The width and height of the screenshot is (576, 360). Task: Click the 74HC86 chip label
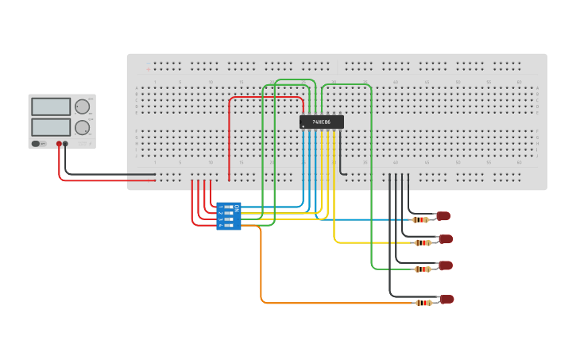click(322, 122)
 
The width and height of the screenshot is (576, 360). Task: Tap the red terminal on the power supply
click(59, 144)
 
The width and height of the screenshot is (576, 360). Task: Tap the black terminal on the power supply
click(65, 144)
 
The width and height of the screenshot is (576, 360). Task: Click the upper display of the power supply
click(51, 106)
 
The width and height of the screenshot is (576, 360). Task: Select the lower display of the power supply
click(51, 127)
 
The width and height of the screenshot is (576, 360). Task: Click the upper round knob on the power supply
click(82, 106)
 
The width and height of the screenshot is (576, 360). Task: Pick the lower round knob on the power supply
click(82, 127)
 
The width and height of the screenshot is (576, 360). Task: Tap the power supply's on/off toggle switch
click(37, 144)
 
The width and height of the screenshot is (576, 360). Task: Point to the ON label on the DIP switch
click(236, 208)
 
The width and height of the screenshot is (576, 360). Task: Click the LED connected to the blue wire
click(443, 216)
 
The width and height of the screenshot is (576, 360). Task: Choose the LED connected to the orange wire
click(446, 300)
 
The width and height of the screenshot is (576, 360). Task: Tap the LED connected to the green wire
click(445, 265)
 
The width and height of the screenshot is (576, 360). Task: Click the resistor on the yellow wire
click(423, 242)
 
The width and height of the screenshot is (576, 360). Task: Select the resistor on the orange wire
click(423, 303)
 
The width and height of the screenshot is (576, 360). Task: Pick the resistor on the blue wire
click(420, 219)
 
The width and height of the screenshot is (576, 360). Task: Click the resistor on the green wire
click(423, 269)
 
